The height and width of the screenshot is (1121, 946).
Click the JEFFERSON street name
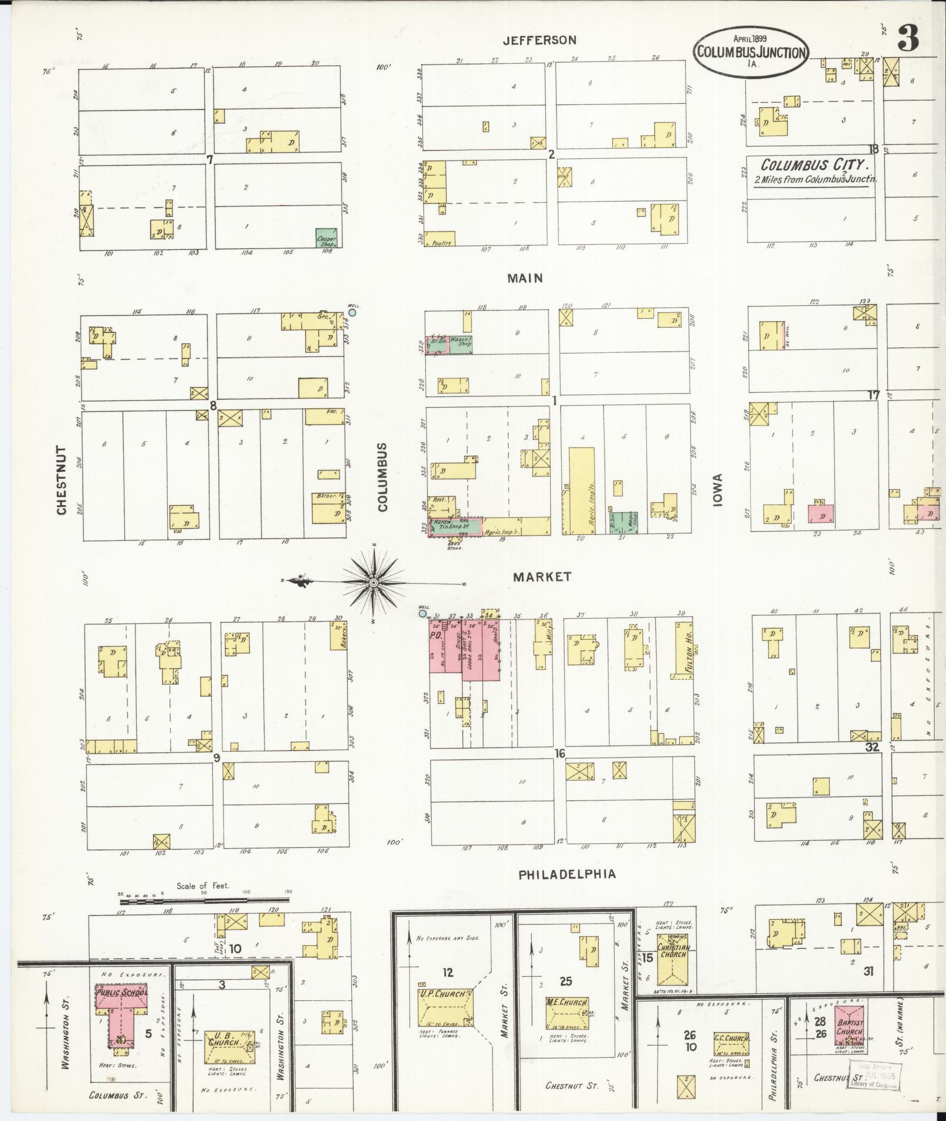click(x=539, y=40)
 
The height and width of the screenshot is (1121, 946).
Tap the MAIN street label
click(x=525, y=278)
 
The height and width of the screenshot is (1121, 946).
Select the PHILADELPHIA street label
click(x=567, y=874)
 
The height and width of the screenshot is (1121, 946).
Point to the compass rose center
click(x=373, y=582)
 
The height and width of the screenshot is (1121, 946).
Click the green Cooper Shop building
click(x=326, y=237)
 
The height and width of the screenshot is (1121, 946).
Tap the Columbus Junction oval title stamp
click(x=751, y=51)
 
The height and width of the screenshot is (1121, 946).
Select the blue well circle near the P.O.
click(x=422, y=614)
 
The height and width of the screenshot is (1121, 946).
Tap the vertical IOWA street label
click(x=718, y=489)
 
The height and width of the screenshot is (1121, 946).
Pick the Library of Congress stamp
click(x=873, y=1076)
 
